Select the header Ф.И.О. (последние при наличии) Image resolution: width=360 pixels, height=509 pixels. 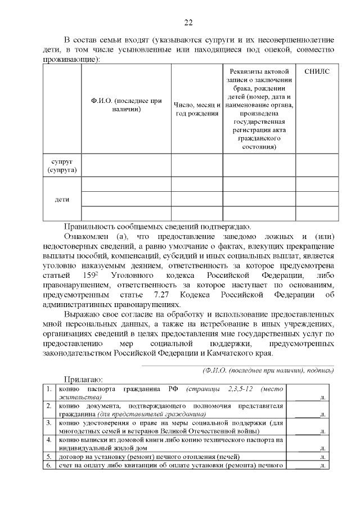pos(127,105)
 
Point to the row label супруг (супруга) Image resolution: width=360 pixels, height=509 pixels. pos(62,165)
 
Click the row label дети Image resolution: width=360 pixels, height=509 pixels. pos(62,199)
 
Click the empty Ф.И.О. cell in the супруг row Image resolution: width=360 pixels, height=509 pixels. pos(127,165)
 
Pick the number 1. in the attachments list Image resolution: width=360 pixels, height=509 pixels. pos(49,389)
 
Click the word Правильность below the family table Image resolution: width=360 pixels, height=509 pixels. pos(90,227)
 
